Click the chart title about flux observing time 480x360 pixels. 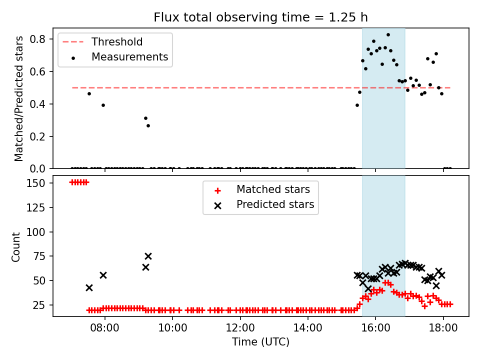point(260,17)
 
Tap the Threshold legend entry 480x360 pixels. point(102,41)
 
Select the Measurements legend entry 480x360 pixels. point(119,57)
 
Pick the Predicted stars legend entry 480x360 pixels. point(264,204)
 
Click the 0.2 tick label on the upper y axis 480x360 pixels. point(37,136)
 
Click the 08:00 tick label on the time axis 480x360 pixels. point(104,328)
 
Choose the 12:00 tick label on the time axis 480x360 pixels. point(240,328)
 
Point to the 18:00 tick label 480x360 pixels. point(443,328)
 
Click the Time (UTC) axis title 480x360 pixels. point(260,341)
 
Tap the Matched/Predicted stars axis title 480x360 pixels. point(18,98)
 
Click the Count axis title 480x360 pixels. point(15,246)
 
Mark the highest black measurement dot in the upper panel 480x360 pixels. point(388,35)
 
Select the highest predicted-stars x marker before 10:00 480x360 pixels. point(148,256)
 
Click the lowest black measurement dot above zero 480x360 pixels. point(148,126)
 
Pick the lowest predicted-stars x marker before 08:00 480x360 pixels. point(89,288)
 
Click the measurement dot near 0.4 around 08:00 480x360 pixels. point(103,105)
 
